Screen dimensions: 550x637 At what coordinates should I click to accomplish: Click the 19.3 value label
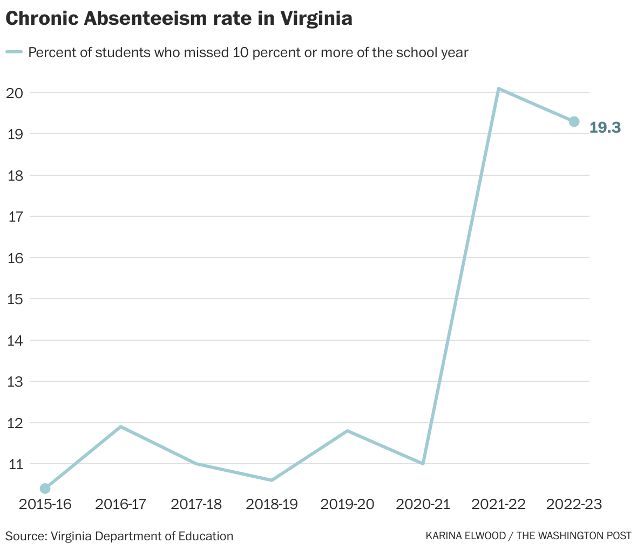point(605,128)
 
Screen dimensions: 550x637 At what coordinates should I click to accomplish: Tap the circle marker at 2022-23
point(574,121)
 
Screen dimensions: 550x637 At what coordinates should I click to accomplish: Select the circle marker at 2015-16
point(45,489)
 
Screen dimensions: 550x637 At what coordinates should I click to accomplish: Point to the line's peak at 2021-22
point(499,88)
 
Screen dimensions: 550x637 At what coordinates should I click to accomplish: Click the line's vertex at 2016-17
point(121,427)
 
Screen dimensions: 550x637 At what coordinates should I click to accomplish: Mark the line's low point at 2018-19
point(272,480)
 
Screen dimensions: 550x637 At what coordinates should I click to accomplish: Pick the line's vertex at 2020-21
point(423,464)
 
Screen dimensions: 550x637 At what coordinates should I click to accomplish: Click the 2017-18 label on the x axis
point(196,504)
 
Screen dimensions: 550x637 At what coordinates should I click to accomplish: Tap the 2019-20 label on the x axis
point(347,504)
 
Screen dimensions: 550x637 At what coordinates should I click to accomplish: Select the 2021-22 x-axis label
point(498,504)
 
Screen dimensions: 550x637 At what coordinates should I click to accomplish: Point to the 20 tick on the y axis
point(15,93)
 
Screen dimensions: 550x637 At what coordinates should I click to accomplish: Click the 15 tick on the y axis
point(15,299)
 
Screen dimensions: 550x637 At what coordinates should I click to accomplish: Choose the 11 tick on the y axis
point(15,464)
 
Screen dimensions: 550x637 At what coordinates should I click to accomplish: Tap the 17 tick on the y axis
point(15,216)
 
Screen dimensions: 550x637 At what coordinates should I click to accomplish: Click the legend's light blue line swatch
point(13,52)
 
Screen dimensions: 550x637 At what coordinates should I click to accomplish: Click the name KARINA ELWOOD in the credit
point(465,536)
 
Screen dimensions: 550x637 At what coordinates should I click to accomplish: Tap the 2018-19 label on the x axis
point(272,504)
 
